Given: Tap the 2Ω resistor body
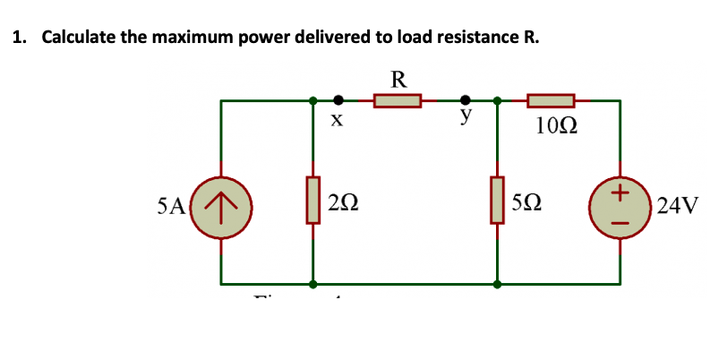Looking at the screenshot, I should pyautogui.click(x=312, y=201).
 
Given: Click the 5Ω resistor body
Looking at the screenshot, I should pyautogui.click(x=497, y=201).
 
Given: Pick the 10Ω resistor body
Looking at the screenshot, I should pyautogui.click(x=551, y=100).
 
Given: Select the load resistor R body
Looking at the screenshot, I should pyautogui.click(x=398, y=100).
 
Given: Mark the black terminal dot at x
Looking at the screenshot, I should pyautogui.click(x=338, y=100).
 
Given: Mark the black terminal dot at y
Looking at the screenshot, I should pyautogui.click(x=465, y=100).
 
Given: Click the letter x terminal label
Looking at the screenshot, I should pyautogui.click(x=336, y=122).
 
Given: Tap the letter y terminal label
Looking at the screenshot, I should pyautogui.click(x=465, y=117).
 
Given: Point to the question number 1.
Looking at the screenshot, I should pyautogui.click(x=18, y=38).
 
